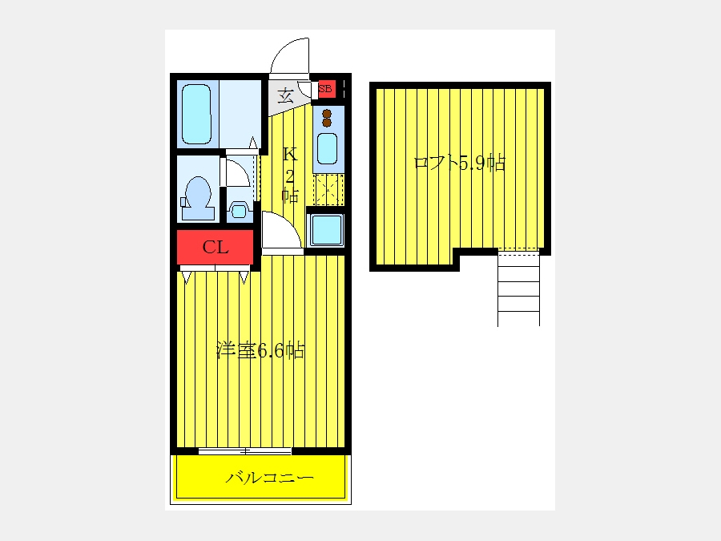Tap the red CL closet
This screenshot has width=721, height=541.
click(215, 248)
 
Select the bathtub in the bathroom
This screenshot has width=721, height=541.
click(196, 114)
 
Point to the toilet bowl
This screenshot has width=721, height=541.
click(198, 198)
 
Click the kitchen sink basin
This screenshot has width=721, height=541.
click(327, 148)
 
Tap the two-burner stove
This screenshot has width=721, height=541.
click(327, 119)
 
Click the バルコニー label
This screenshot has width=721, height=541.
click(269, 478)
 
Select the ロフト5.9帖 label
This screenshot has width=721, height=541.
click(459, 163)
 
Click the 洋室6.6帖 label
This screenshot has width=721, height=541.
click(260, 350)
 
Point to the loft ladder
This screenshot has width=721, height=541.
click(518, 288)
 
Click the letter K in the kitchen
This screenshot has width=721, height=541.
click(290, 154)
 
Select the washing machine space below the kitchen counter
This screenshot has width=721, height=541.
click(326, 229)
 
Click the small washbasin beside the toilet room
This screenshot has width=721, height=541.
click(239, 211)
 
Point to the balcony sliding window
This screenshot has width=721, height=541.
click(245, 451)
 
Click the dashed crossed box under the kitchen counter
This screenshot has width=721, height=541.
click(328, 189)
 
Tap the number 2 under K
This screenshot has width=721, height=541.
click(290, 176)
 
